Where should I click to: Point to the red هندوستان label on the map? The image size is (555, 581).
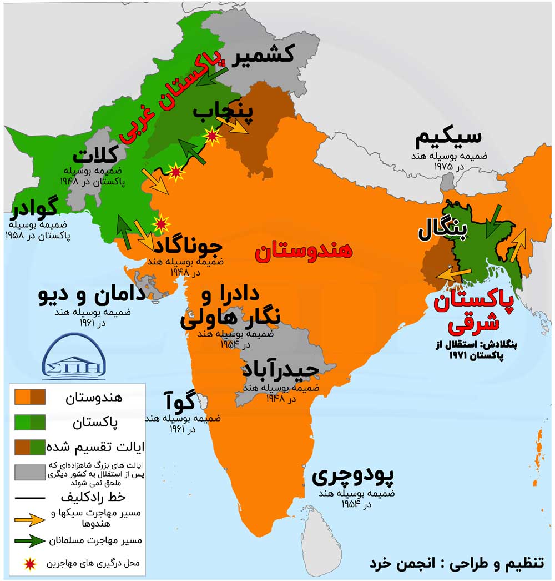tap(304, 251)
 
